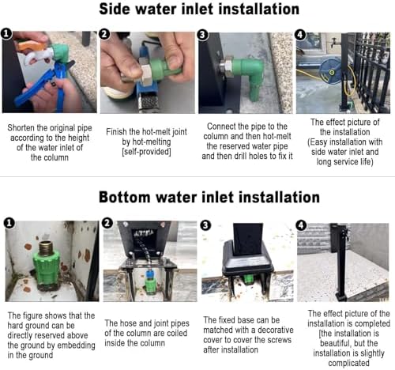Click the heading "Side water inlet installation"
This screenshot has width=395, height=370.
pyautogui.click(x=199, y=9)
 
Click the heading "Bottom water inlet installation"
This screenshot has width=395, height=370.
pyautogui.click(x=209, y=197)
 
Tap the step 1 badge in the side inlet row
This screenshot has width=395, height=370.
pyautogui.click(x=6, y=34)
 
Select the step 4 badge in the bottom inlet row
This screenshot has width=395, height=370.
pyautogui.click(x=301, y=225)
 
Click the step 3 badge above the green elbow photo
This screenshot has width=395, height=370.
pyautogui.click(x=202, y=35)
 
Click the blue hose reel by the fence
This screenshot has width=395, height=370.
pyautogui.click(x=331, y=70)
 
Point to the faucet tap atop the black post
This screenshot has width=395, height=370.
pyautogui.click(x=337, y=42)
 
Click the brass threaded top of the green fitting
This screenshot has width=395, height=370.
pyautogui.click(x=46, y=247)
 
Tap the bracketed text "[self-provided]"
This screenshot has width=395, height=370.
pyautogui.click(x=146, y=152)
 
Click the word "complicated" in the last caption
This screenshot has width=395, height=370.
pyautogui.click(x=348, y=363)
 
